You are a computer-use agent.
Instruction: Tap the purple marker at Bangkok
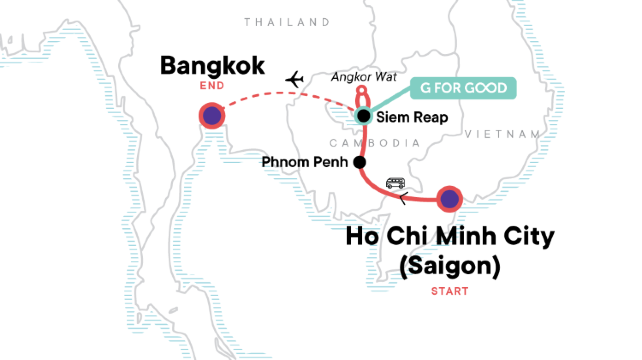pyautogui.click(x=212, y=116)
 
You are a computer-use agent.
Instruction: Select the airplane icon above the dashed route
pyautogui.click(x=294, y=78)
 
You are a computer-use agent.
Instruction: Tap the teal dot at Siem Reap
pyautogui.click(x=364, y=117)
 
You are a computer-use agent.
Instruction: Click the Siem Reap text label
pyautogui.click(x=411, y=117)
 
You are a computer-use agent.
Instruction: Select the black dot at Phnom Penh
pyautogui.click(x=359, y=161)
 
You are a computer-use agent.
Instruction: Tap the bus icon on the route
pyautogui.click(x=397, y=184)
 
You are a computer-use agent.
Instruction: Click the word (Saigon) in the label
pyautogui.click(x=449, y=266)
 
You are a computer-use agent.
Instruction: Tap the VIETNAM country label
pyautogui.click(x=509, y=133)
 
